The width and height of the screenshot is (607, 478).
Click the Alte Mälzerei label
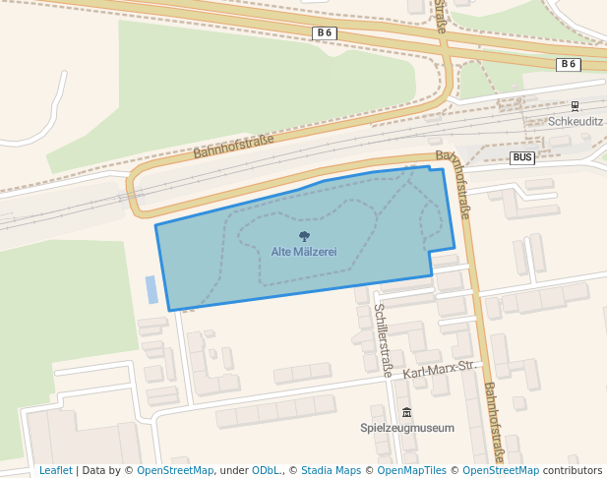[x=304, y=252]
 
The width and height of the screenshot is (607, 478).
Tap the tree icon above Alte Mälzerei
[x=304, y=236]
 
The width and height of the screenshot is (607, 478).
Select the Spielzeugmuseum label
[x=407, y=428]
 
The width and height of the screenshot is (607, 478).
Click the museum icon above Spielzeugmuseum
[x=406, y=413]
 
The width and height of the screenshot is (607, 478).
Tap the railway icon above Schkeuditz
[x=575, y=106]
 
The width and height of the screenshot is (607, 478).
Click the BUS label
[x=522, y=157]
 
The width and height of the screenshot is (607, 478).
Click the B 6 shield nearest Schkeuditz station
[x=568, y=64]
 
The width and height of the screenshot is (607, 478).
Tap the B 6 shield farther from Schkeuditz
[x=324, y=32]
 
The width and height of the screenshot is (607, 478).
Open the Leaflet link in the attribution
[x=55, y=471]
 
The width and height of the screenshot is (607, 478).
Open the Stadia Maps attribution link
[x=331, y=471]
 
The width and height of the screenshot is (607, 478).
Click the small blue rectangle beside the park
[x=152, y=289]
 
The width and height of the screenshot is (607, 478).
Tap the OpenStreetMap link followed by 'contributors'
[x=500, y=471]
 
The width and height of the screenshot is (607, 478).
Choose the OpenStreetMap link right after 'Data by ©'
[x=175, y=471]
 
